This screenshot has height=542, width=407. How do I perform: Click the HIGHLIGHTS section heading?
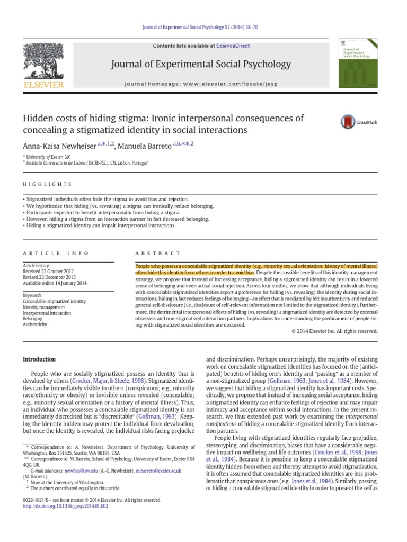click(47, 184)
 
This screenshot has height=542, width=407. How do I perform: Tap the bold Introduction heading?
click(39, 359)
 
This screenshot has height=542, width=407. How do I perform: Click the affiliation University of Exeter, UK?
click(49, 157)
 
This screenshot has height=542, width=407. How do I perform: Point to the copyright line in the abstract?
click(334, 331)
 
